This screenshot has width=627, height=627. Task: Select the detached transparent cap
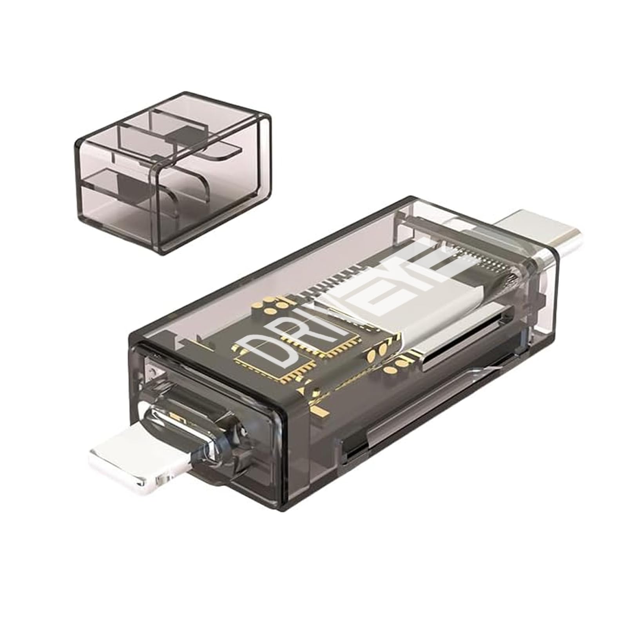tap(172, 170)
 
